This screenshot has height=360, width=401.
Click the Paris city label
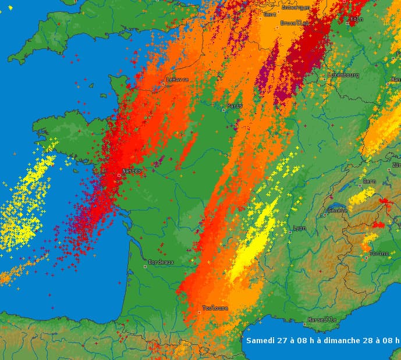235,106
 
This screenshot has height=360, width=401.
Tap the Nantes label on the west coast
130,172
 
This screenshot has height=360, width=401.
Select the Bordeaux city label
161,262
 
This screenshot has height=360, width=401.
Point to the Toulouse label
215,308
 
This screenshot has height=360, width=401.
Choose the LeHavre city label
178,80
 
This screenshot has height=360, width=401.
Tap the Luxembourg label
343,75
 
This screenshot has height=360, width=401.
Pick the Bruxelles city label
294,23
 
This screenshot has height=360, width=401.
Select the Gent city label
270,14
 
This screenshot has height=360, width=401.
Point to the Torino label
378,254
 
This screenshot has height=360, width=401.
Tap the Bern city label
370,181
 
